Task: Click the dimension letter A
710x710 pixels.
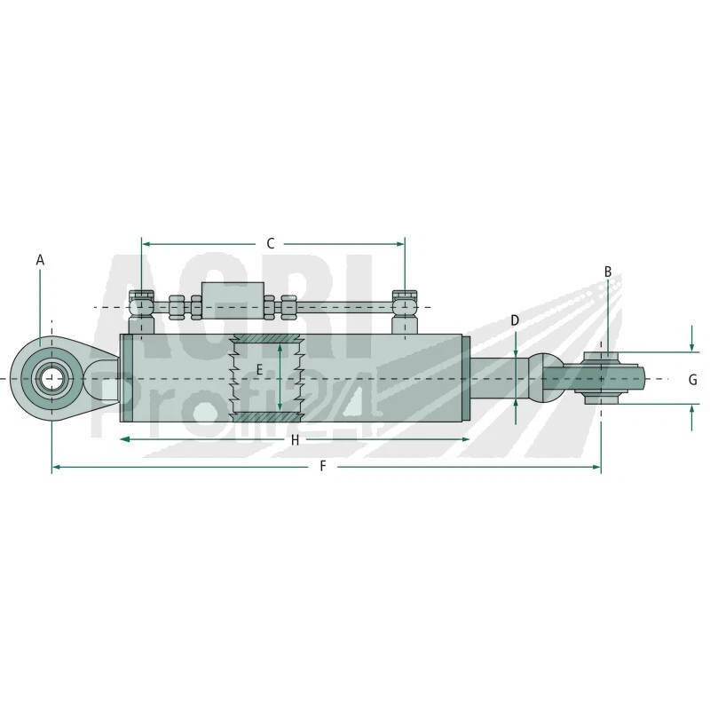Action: pos(40,260)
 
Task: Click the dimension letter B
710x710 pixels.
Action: pos(608,272)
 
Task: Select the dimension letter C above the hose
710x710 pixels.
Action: pos(272,243)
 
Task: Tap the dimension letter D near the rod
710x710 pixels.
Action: pos(515,319)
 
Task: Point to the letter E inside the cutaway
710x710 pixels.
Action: pos(259,369)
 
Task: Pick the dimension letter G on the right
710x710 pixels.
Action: pos(692,380)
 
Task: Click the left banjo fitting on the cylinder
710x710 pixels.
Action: pos(140,308)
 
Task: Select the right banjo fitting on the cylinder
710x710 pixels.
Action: pos(404,308)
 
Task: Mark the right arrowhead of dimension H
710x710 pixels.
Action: pos(466,439)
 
